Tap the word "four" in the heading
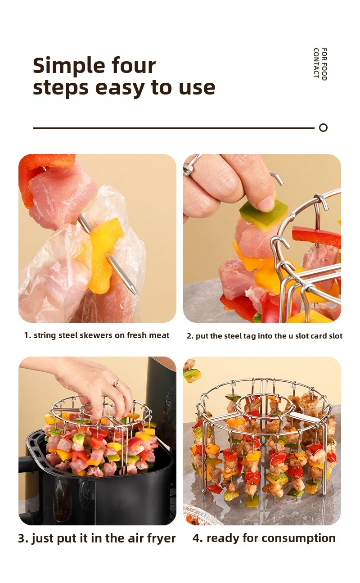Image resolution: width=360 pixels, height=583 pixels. pyautogui.click(x=134, y=65)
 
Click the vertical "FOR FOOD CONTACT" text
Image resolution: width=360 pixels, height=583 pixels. pyautogui.click(x=320, y=64)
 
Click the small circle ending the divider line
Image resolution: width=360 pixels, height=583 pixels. pyautogui.click(x=323, y=128)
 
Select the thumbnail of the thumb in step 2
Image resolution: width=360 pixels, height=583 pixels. pyautogui.click(x=265, y=203)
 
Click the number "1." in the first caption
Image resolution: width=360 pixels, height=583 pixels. pyautogui.click(x=27, y=335)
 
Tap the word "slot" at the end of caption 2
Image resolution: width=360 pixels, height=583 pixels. pyautogui.click(x=336, y=336)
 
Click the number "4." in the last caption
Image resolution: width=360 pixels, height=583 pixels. pyautogui.click(x=198, y=538)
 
